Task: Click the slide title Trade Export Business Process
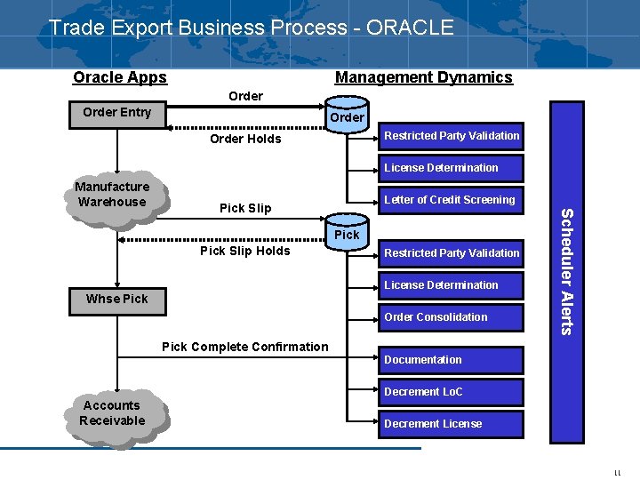click(251, 28)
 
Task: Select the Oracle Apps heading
click(120, 77)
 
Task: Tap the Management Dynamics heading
click(423, 77)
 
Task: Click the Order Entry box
click(116, 113)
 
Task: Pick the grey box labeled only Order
click(347, 117)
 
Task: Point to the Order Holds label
click(245, 139)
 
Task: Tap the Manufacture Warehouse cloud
click(112, 195)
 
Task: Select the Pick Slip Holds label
click(245, 251)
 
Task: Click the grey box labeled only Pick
click(347, 235)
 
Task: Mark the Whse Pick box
click(116, 299)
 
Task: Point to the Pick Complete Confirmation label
click(245, 347)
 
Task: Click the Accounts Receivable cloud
click(112, 413)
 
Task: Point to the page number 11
click(617, 474)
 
